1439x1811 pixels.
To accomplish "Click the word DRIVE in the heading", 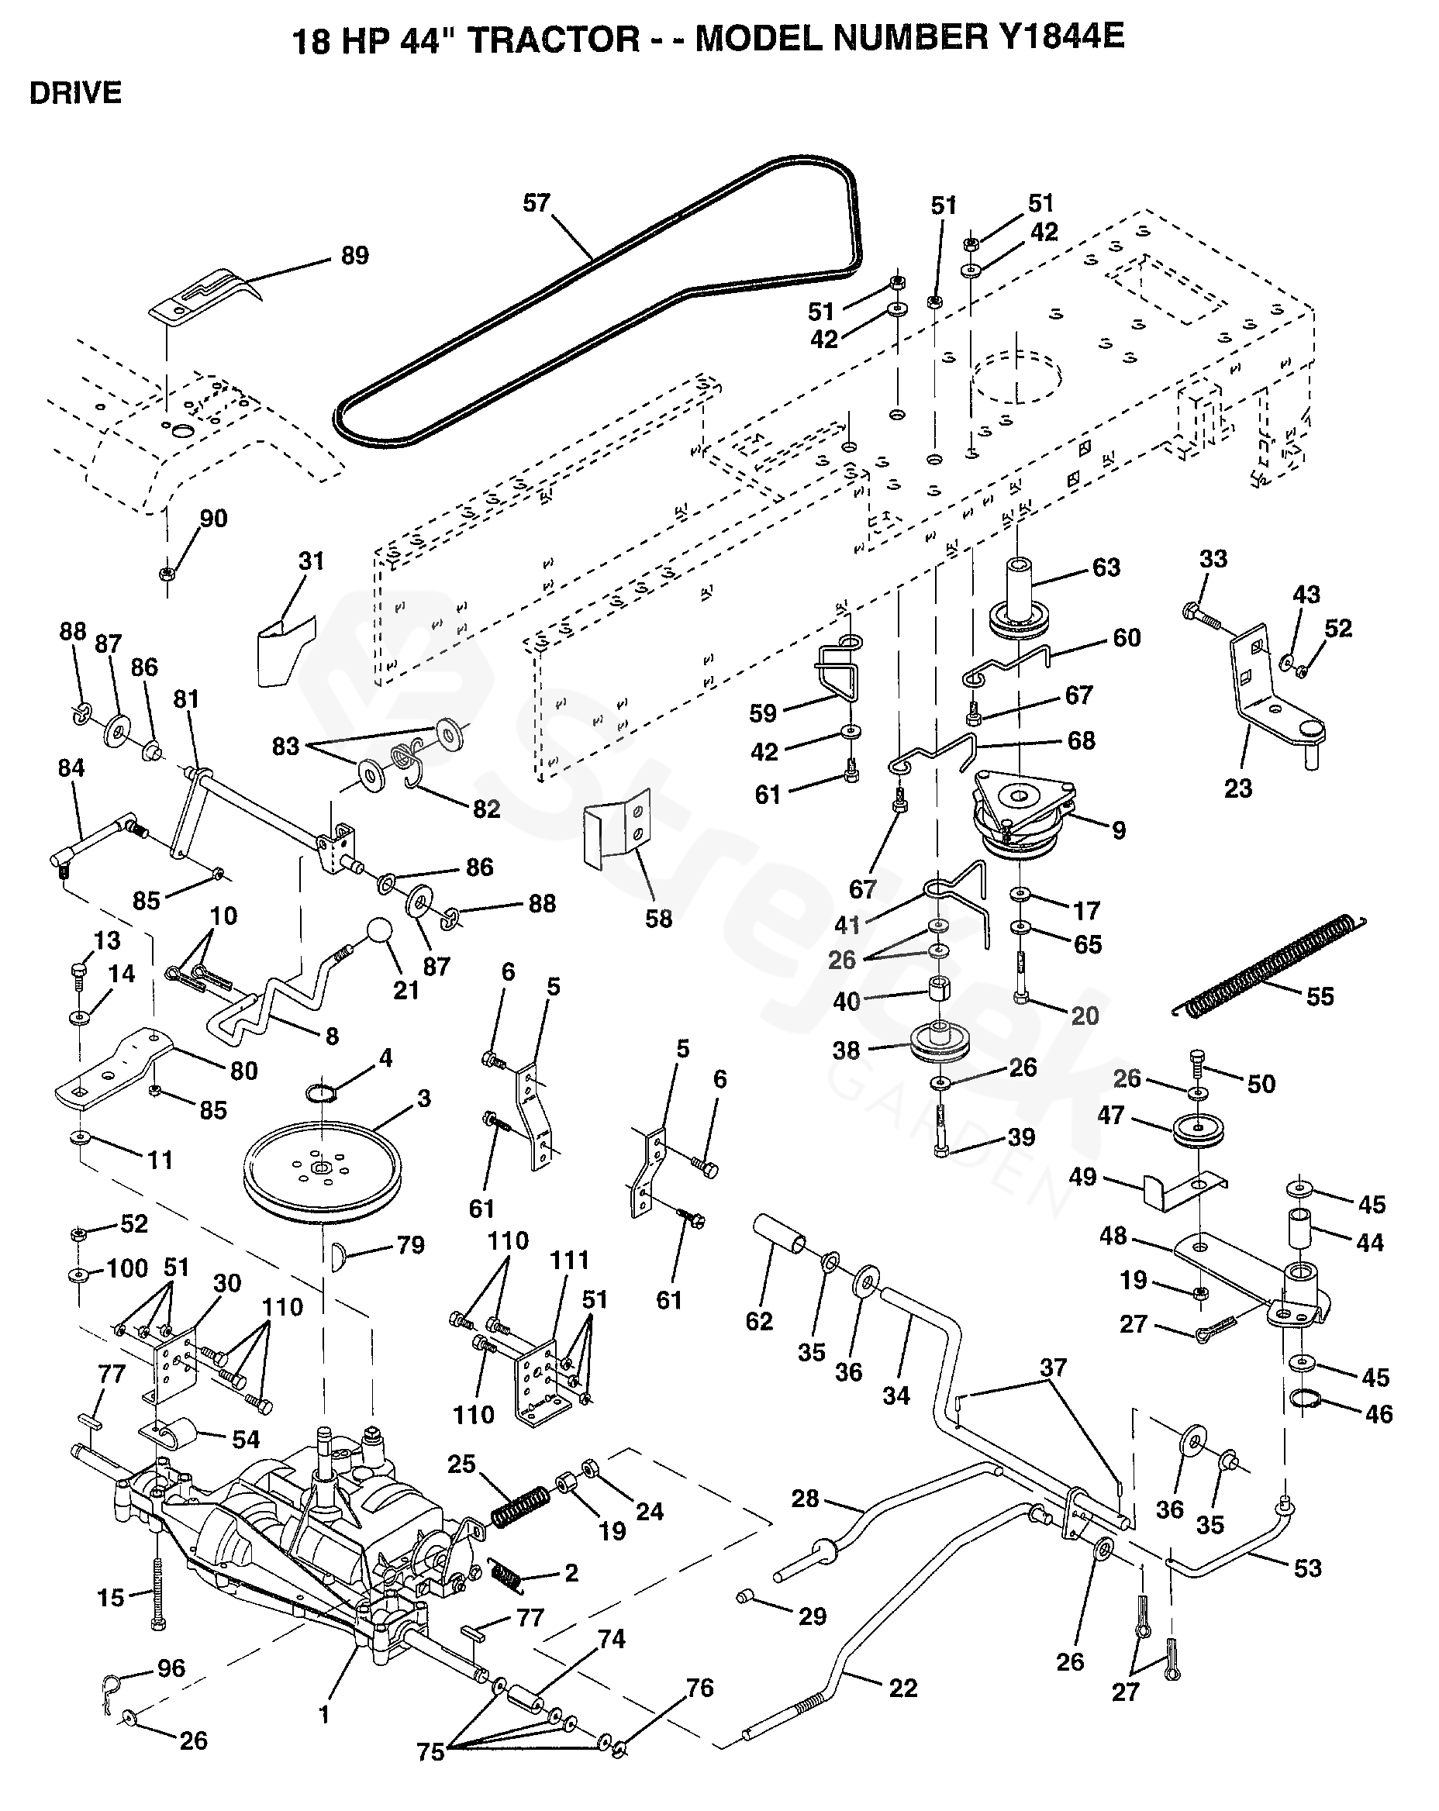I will [x=76, y=92].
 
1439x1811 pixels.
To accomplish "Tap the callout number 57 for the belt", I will [x=536, y=203].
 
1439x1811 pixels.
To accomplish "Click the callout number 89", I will [x=354, y=255].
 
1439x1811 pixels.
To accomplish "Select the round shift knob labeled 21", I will [x=379, y=932].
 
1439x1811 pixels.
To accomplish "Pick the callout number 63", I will [x=1106, y=567].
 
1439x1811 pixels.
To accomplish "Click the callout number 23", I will [x=1237, y=788].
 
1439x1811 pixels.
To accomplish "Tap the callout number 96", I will [x=171, y=1668].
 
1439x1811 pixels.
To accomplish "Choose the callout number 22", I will [x=902, y=1689].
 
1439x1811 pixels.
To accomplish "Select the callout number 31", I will [x=311, y=561].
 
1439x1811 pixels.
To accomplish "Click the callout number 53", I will [x=1307, y=1568].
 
